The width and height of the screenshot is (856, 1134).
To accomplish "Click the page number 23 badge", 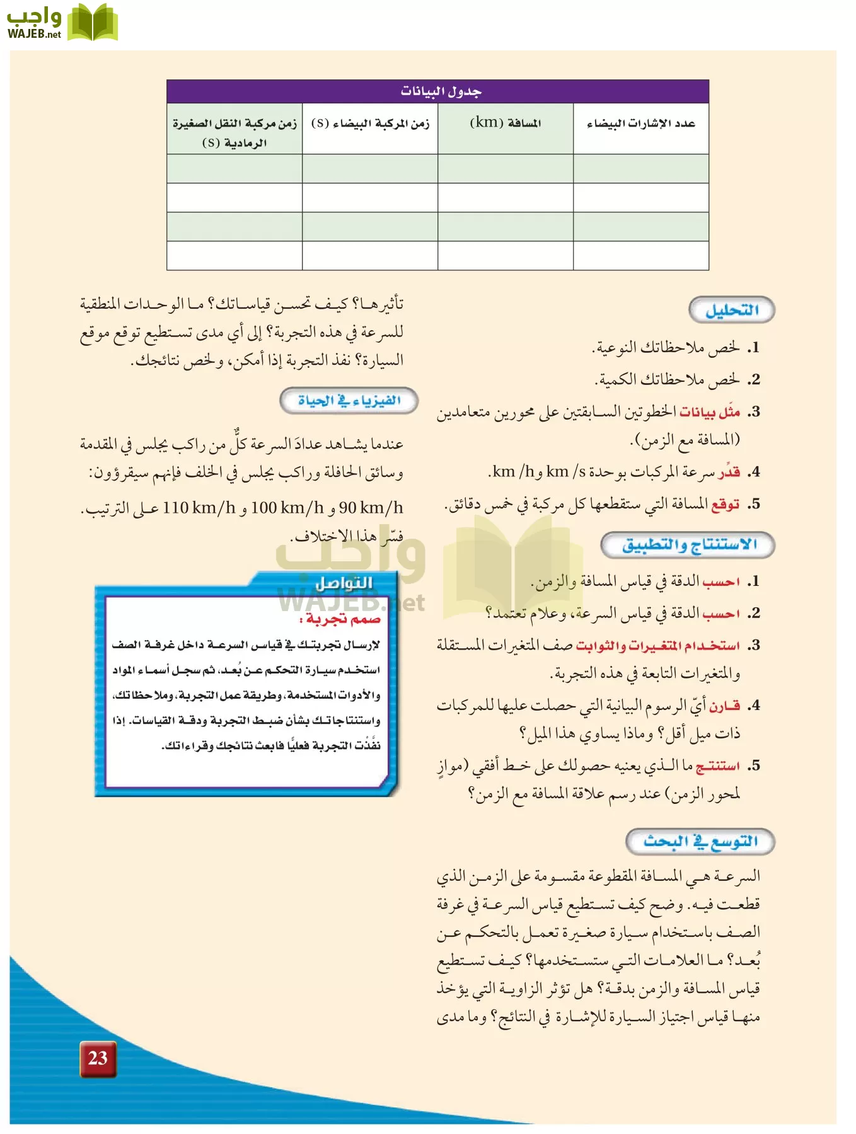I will coord(98,1058).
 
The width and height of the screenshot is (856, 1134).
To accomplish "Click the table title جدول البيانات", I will coord(441,92).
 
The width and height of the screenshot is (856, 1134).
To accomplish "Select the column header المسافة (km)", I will coord(506,123).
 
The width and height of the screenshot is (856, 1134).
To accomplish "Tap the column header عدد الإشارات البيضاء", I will coord(640,123).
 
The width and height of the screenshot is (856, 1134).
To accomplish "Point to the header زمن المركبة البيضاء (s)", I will coord(370,123).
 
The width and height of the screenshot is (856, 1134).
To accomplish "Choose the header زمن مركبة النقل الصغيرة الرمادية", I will coord(234,132).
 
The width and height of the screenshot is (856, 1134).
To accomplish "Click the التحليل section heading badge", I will coord(731,310).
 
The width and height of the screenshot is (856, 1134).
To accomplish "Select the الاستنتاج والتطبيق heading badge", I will coord(688,545).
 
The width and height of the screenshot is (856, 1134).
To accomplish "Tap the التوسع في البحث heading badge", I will coord(700,842).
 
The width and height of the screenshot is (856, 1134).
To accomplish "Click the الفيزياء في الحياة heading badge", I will coord(349,401).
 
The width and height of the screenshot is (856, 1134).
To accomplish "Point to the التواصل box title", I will coord(344,583).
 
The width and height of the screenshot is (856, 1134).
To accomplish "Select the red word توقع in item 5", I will coord(725,505).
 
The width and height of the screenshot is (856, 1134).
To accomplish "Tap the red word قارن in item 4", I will coord(724,706).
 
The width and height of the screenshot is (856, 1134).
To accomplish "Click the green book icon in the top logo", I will coord(93,23).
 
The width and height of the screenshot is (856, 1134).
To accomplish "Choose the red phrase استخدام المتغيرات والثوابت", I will coord(657,646).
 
